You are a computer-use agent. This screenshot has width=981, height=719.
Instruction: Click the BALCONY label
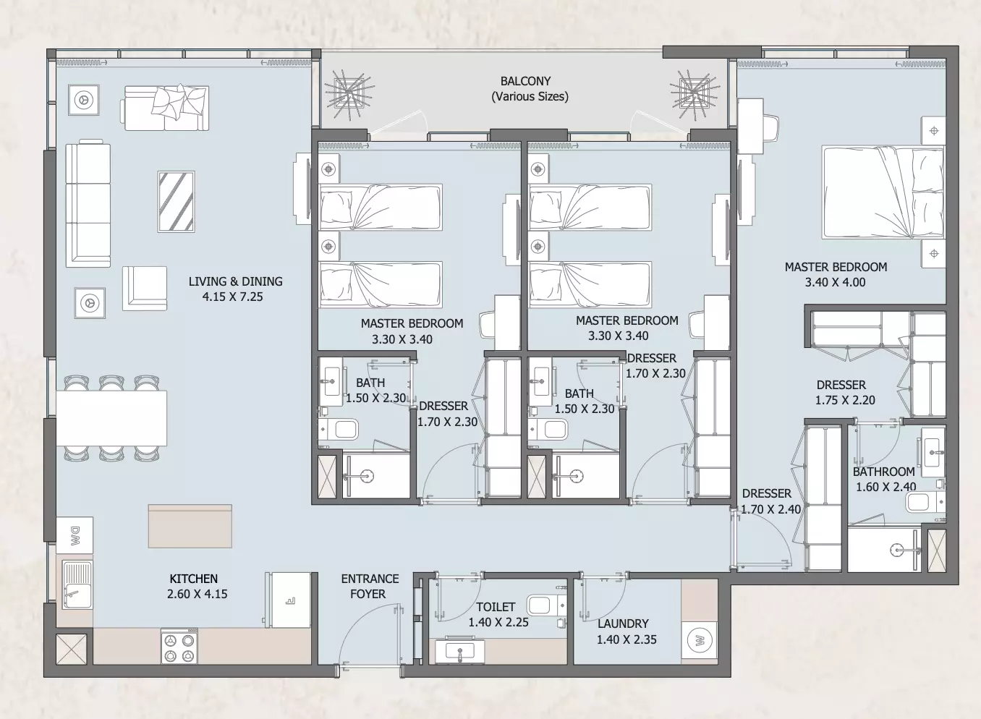click(525, 81)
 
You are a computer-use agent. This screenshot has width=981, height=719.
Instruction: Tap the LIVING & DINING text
click(236, 281)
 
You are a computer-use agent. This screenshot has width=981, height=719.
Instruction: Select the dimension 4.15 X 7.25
click(232, 297)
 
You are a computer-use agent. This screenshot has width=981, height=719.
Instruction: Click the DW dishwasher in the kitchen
click(75, 535)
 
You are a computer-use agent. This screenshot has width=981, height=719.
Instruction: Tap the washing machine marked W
click(699, 642)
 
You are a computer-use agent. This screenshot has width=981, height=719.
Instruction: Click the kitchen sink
click(77, 584)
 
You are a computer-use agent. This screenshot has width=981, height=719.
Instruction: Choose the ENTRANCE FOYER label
click(370, 587)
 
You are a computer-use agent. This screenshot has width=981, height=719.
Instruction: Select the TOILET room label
click(496, 607)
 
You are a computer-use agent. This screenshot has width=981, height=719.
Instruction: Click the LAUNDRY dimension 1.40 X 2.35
click(627, 639)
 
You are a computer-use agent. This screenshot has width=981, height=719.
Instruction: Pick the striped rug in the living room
click(176, 201)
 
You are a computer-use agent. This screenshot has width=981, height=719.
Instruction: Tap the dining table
click(111, 418)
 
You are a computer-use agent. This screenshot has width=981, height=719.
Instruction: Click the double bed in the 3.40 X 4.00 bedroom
click(883, 192)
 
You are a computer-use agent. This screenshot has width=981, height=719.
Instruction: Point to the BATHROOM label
click(883, 472)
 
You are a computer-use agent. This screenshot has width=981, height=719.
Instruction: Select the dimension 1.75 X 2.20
click(845, 400)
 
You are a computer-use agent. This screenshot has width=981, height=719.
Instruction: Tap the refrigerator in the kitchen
click(288, 600)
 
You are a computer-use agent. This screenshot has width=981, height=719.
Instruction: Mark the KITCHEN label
click(194, 579)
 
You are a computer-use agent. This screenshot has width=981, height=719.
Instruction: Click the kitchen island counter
click(190, 526)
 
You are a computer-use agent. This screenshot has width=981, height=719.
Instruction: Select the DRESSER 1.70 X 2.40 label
click(770, 501)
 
